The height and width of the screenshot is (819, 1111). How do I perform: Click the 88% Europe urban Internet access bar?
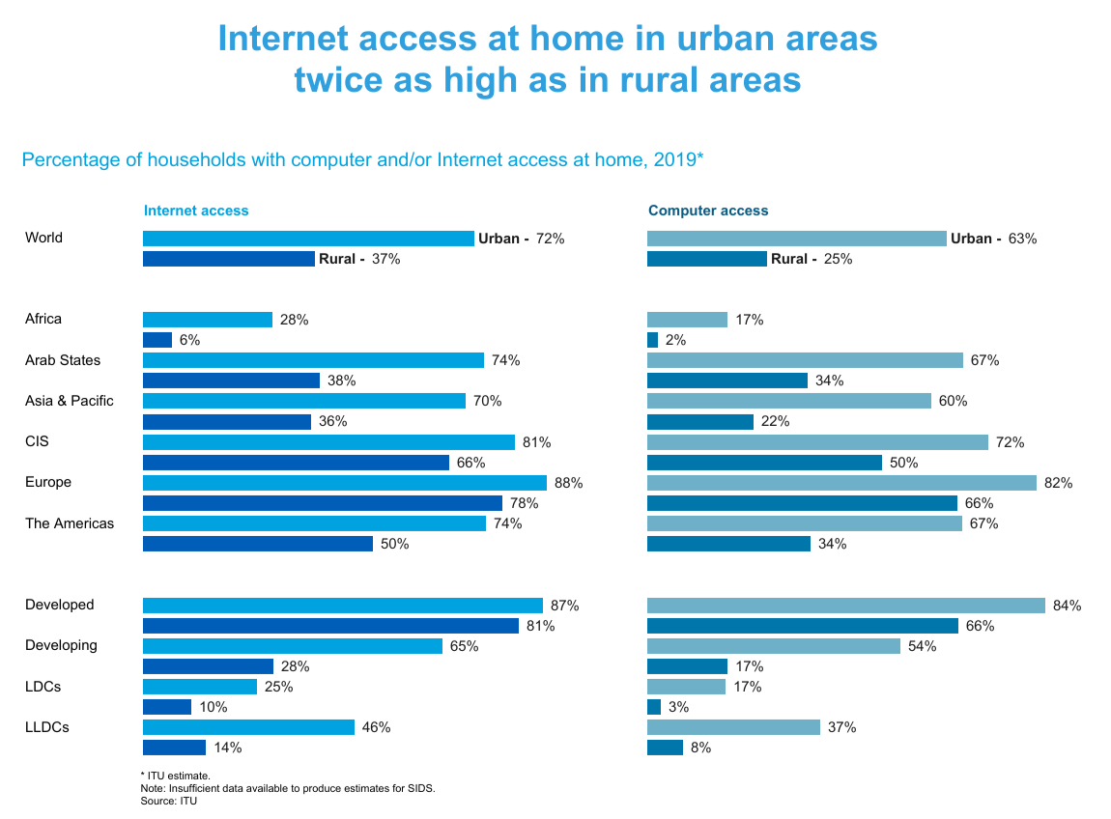tap(344, 483)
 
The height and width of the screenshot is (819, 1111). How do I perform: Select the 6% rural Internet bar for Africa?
tap(157, 340)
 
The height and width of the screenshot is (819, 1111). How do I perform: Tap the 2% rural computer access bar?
tap(652, 340)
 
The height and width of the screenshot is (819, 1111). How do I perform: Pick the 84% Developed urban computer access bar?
tap(845, 606)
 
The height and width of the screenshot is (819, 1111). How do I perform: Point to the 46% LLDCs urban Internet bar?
tap(248, 727)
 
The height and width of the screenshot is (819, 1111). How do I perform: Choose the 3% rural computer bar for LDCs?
tap(654, 707)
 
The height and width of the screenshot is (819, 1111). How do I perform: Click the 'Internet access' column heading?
tap(196, 211)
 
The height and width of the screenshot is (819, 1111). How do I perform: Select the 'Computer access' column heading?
tap(708, 211)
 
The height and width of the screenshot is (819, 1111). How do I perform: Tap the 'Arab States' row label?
tap(63, 360)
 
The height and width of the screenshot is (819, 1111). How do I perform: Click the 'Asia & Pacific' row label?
tap(70, 401)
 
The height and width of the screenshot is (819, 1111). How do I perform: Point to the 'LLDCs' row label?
tap(46, 727)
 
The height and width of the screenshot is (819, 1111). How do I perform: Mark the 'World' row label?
tap(43, 238)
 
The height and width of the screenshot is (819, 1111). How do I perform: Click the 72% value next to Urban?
tap(550, 239)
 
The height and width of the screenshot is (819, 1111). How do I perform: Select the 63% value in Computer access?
tap(1022, 239)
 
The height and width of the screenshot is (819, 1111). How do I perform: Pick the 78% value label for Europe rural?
tap(525, 503)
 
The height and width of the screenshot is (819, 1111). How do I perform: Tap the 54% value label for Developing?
tap(923, 646)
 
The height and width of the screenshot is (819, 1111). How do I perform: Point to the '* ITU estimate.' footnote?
tap(175, 776)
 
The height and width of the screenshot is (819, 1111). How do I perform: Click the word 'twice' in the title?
tap(338, 79)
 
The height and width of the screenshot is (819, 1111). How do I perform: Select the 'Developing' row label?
tap(61, 645)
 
